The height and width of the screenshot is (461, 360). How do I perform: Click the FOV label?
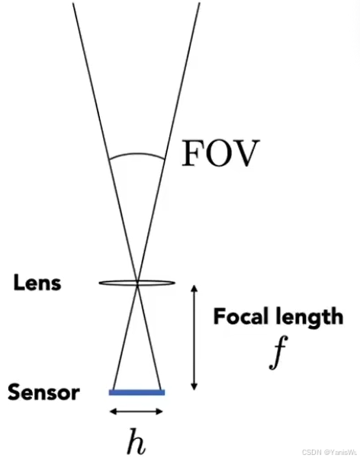click(x=220, y=153)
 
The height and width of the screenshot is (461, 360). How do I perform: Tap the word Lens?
click(x=37, y=283)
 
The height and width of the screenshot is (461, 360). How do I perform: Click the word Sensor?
click(x=43, y=392)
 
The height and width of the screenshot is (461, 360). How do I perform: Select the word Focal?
click(x=241, y=316)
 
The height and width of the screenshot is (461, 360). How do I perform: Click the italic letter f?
click(x=278, y=352)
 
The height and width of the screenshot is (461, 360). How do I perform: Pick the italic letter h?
click(x=137, y=441)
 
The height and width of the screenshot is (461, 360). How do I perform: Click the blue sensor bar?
click(x=137, y=392)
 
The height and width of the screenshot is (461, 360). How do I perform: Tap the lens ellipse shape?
click(x=137, y=283)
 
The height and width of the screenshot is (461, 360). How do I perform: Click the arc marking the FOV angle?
click(x=137, y=153)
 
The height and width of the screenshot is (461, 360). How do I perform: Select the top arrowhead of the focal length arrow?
click(x=194, y=288)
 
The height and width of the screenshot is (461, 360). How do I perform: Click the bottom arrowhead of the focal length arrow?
click(x=194, y=386)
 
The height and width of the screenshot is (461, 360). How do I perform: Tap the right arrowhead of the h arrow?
click(x=159, y=411)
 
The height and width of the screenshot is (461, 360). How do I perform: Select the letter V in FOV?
click(x=246, y=153)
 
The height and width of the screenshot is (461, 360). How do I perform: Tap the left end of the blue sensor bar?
click(x=109, y=392)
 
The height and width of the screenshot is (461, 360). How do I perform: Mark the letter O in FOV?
click(x=218, y=153)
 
